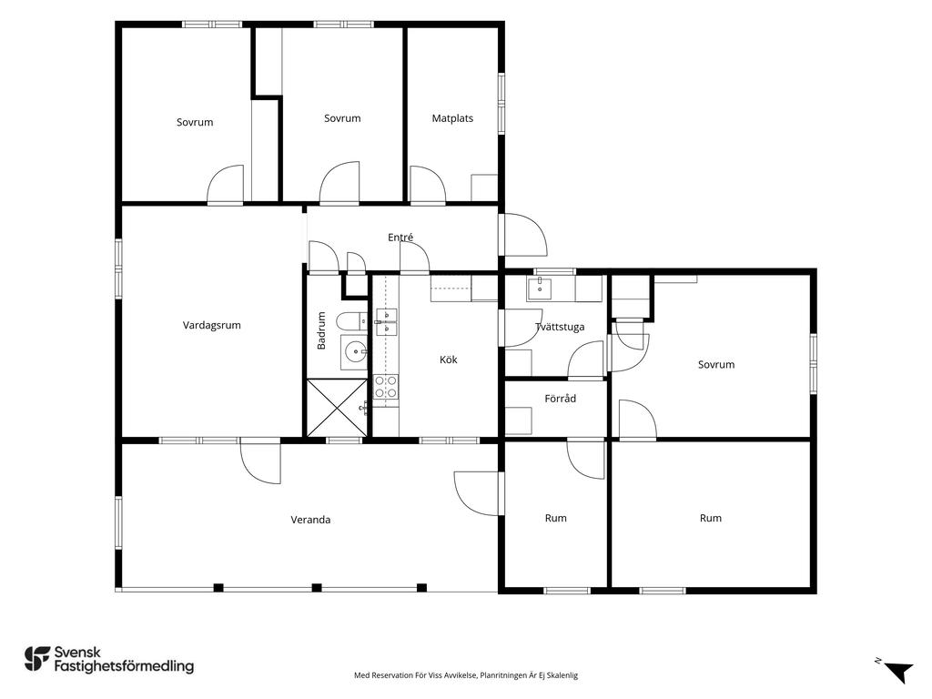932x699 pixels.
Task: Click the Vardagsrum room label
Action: coord(211,325)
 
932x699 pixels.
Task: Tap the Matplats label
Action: coord(452,118)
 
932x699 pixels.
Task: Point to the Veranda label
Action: coord(310,520)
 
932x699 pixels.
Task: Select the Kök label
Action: coord(449,359)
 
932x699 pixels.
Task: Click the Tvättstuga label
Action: coord(560,327)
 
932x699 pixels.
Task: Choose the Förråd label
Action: coord(560,399)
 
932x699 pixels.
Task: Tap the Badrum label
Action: coord(321,330)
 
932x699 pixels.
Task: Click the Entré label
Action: coord(400,238)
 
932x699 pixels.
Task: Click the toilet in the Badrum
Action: coord(352,321)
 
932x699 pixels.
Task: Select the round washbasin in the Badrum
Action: coord(355,352)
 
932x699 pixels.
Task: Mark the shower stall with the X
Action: coord(337,408)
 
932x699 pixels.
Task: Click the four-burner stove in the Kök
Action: coord(386,386)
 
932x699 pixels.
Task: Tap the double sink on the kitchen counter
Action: coord(386,321)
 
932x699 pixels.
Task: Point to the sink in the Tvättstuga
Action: coord(539,289)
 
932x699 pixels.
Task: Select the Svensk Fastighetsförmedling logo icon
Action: coord(36,659)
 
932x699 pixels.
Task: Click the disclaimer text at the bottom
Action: coord(466,675)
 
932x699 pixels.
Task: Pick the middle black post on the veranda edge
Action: coord(317,588)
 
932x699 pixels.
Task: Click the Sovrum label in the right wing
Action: coord(715,364)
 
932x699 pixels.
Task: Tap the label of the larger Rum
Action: coord(710,518)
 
